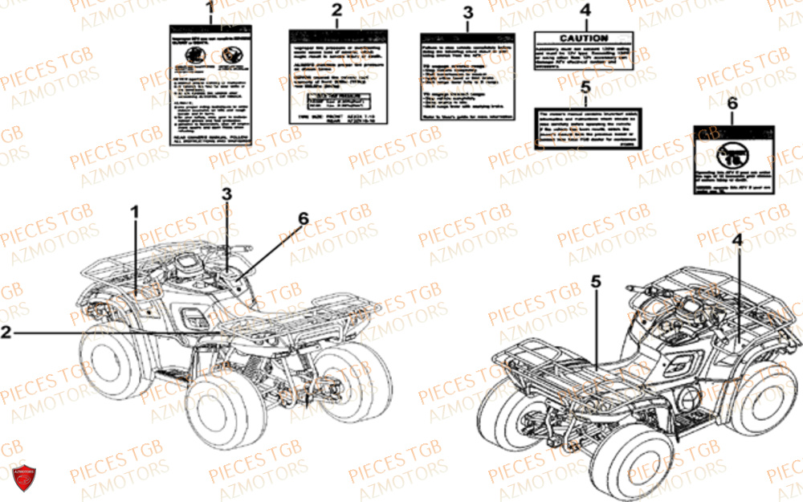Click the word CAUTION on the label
[584, 39]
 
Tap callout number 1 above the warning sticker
[210, 10]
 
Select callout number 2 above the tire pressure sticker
[336, 10]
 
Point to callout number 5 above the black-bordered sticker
[585, 87]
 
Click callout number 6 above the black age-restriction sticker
[732, 104]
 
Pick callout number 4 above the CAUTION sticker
[585, 11]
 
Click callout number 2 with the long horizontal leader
[6, 331]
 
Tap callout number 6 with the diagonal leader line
[303, 218]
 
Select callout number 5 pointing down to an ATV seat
[596, 281]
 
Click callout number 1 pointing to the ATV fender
[135, 212]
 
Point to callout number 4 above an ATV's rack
[736, 240]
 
